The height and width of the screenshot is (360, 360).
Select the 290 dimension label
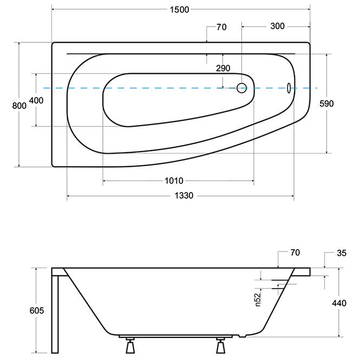coord(222,68)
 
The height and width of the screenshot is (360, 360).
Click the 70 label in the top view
coord(221,27)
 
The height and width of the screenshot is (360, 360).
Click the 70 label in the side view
coord(294,253)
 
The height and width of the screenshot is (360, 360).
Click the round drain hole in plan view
coord(241,87)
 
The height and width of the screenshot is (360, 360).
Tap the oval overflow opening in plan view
coord(289,87)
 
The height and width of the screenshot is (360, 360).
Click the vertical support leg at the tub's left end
coord(55,311)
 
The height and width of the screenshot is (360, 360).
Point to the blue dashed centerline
coord(162,88)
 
